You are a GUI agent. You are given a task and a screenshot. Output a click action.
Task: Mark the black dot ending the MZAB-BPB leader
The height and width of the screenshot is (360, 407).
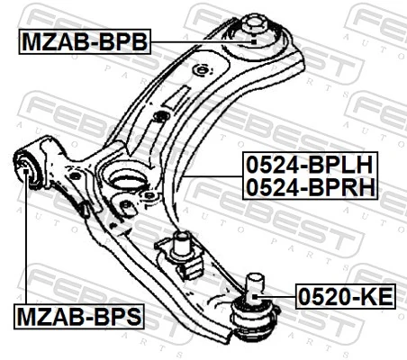pos(255,40)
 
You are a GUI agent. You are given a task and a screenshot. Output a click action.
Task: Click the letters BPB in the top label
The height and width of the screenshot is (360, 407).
pos(120,40)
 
